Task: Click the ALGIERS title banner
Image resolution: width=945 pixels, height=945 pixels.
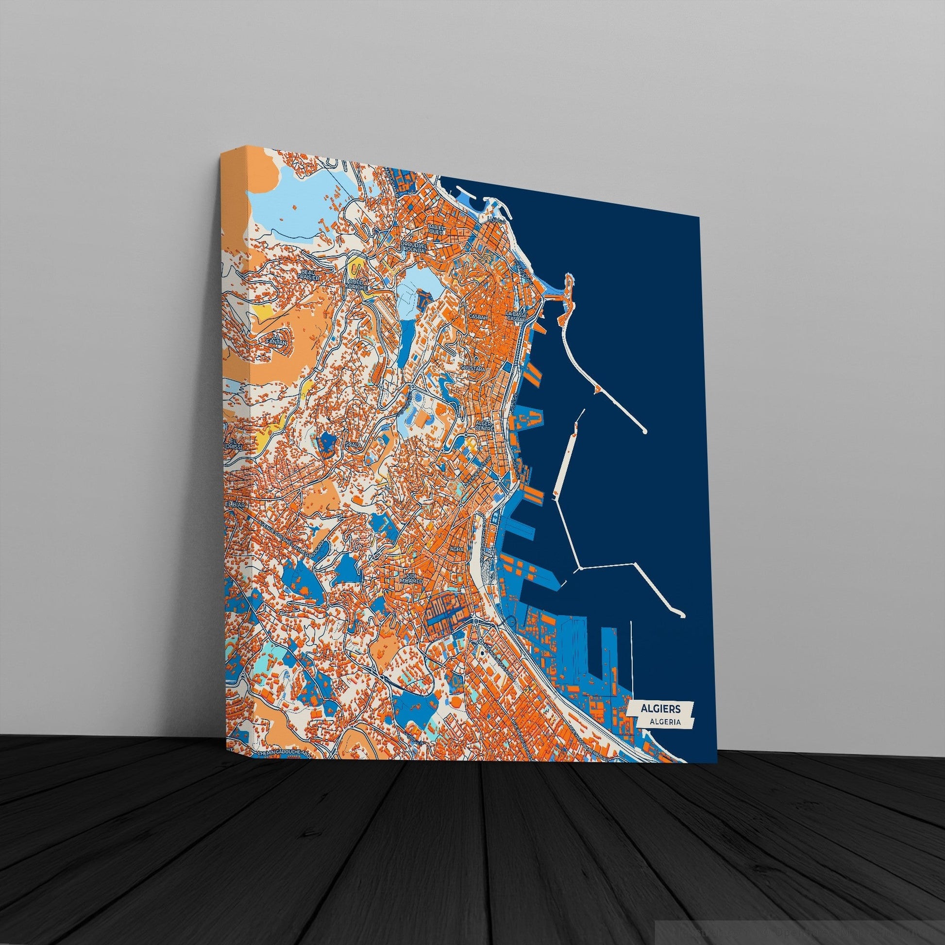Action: coord(660,708)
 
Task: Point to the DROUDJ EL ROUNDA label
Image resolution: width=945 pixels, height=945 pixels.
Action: coord(413,246)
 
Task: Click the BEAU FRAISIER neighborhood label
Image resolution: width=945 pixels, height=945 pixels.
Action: coord(309,274)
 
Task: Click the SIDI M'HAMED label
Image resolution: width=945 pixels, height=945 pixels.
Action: coord(411,578)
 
